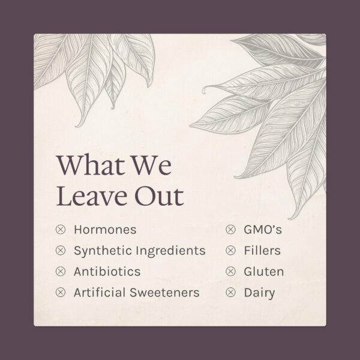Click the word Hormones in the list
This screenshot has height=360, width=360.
tap(105, 229)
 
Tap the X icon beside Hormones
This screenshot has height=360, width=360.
tap(60, 229)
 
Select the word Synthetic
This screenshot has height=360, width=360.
tap(100, 250)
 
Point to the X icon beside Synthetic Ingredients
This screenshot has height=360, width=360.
tap(60, 250)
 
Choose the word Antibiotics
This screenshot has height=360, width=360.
tap(107, 271)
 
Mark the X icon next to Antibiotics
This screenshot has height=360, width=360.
tap(60, 271)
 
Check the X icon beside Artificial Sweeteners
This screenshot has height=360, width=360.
tap(60, 292)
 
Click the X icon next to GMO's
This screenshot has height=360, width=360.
tap(230, 229)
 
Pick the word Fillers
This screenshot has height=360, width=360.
tap(262, 250)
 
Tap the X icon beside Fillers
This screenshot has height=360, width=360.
tap(230, 250)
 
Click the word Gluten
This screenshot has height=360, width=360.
tap(264, 271)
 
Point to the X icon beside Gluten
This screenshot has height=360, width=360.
tap(230, 271)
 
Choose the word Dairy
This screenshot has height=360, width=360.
tap(259, 292)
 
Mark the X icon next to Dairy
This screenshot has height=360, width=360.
tap(230, 292)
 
